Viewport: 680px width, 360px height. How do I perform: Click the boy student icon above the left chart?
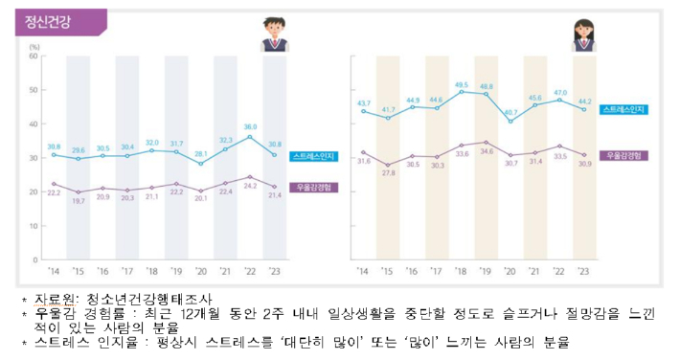tap(278, 34)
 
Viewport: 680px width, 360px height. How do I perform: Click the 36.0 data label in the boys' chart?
tap(251, 125)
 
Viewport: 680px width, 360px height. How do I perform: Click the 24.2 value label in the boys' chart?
tap(251, 187)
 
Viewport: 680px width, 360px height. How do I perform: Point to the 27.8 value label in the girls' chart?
tap(387, 173)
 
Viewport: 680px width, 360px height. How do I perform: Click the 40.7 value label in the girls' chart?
tap(510, 112)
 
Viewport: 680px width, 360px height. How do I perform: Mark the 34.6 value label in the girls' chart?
tap(487, 151)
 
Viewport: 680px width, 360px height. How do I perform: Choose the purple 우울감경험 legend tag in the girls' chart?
tap(625, 154)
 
